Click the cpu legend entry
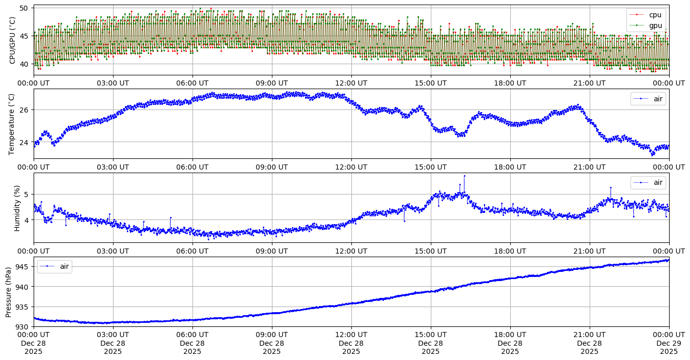(x=653, y=15)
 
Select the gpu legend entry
(x=653, y=25)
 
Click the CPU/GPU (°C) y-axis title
(x=13, y=40)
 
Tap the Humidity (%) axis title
(x=17, y=208)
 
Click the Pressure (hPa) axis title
(x=9, y=292)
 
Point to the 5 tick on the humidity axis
(x=27, y=194)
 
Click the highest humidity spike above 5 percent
(x=464, y=176)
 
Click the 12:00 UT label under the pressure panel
(x=351, y=335)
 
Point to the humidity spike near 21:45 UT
(x=611, y=187)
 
